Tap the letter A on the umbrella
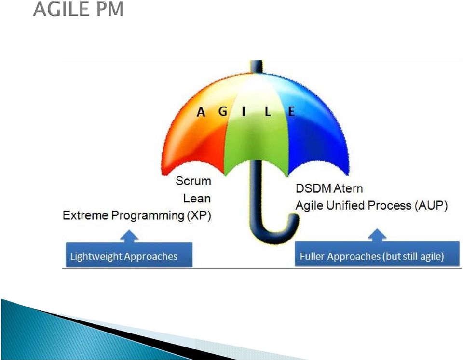tap(201, 112)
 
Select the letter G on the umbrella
tap(223, 111)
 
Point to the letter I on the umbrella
tap(244, 111)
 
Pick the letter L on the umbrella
tap(268, 111)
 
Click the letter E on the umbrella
tap(291, 111)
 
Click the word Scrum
tap(193, 181)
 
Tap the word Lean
tap(197, 198)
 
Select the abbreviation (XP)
tap(199, 216)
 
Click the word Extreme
tap(85, 215)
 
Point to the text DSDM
tap(310, 188)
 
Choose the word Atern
tap(345, 188)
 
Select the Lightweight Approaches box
tap(129, 254)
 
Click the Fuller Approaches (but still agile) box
tap(377, 254)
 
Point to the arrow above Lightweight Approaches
tap(129, 236)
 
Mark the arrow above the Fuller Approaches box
tap(377, 235)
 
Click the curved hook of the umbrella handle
tap(273, 233)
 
